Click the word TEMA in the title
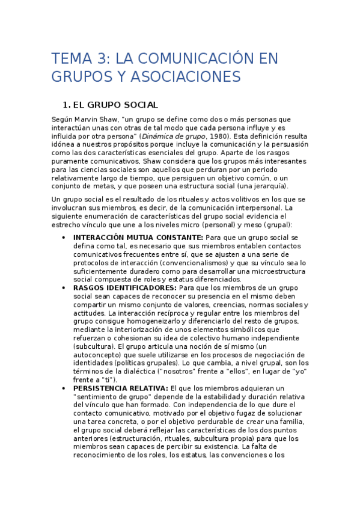(x=70, y=59)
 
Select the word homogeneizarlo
(x=154, y=321)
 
